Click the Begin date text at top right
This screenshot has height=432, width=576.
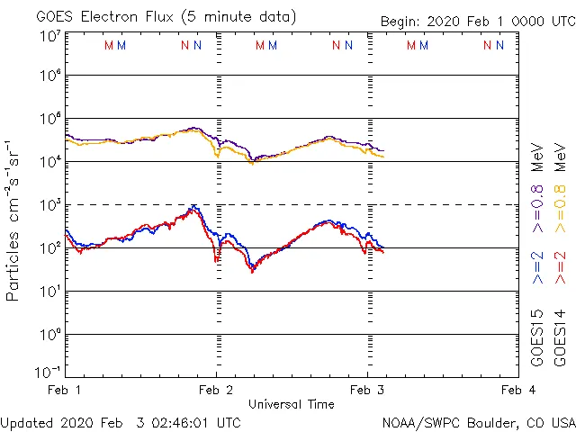477,21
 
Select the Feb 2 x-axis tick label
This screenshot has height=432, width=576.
216,390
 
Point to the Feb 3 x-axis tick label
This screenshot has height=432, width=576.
366,390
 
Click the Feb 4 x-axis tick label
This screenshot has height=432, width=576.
517,390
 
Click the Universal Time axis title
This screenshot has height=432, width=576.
291,404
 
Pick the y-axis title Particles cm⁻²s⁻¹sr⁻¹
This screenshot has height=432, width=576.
14,220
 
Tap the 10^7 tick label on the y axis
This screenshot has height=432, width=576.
50,36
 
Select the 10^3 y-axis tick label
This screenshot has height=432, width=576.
50,204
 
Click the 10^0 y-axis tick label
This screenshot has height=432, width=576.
50,334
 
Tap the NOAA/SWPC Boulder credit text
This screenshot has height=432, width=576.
478,421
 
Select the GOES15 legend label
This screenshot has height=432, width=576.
537,337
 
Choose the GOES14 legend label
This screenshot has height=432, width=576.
561,337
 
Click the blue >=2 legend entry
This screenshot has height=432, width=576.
537,267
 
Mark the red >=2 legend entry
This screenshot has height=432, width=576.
561,267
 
